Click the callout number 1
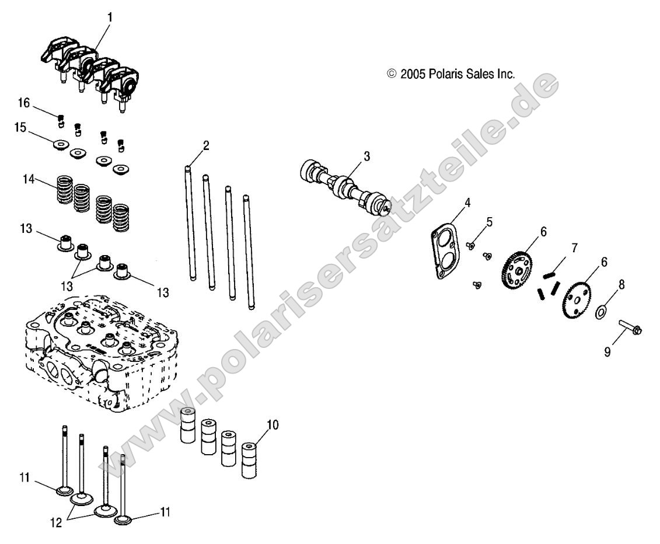pos(110,17)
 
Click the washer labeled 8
pos(600,311)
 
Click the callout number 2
pos(206,145)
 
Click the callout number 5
pos(488,222)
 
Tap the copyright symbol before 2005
pos(392,74)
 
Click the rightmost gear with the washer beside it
pos(576,299)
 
